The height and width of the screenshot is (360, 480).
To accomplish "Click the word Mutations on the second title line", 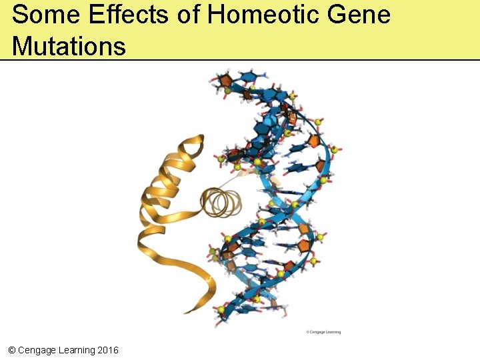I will [69, 46].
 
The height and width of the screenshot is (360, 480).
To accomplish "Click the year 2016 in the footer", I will [108, 350].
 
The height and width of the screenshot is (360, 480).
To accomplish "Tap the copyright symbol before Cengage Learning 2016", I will [11, 350].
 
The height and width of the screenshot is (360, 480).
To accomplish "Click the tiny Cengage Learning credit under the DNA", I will [323, 331].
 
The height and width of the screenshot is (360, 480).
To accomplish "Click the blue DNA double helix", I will [280, 200].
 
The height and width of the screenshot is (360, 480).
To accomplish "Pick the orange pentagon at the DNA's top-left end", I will [225, 81].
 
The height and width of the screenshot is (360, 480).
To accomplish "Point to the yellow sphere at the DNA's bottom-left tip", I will [221, 309].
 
